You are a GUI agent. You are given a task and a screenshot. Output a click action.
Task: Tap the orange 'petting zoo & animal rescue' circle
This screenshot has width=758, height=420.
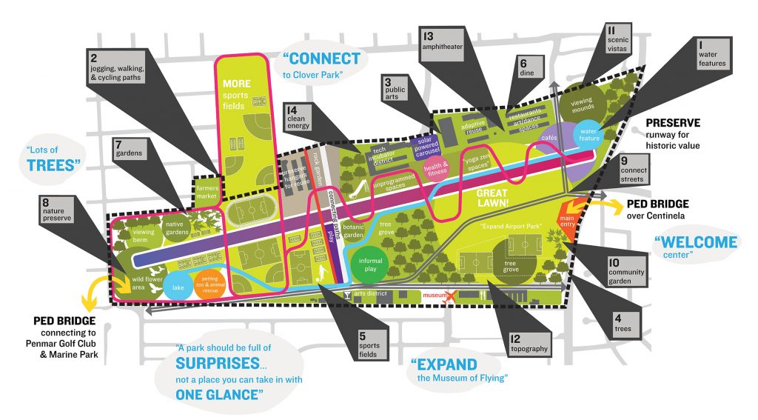point(209,285)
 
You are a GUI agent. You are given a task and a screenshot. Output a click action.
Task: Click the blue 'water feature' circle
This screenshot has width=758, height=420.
point(590,134)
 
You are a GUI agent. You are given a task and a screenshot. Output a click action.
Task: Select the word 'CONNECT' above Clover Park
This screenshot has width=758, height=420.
point(325,59)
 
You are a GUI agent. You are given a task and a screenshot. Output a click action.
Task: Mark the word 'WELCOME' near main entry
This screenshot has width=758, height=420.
point(696,241)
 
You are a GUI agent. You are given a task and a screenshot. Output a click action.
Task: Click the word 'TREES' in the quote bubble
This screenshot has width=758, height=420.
point(53,164)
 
